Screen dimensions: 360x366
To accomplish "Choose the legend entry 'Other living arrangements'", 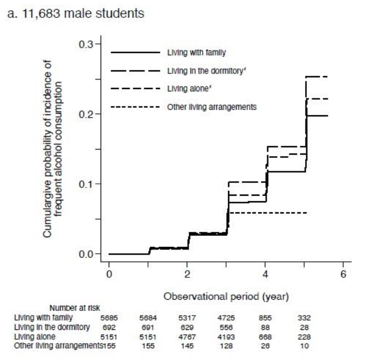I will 211,107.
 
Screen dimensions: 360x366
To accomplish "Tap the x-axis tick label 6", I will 344,274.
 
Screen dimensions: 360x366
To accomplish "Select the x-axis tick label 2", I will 187,274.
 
